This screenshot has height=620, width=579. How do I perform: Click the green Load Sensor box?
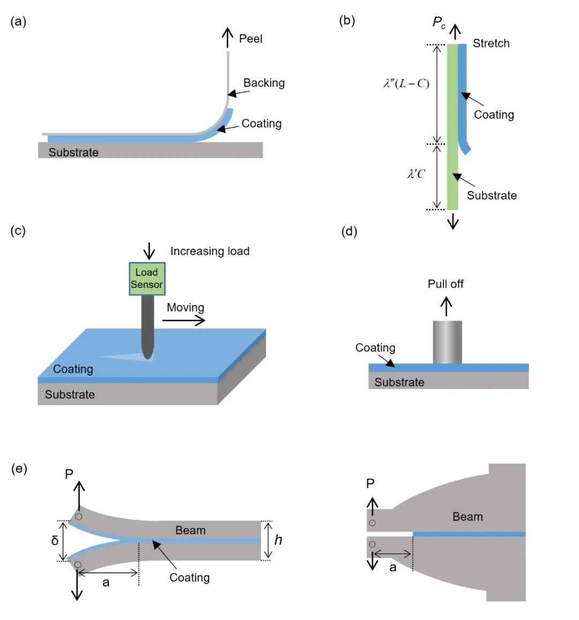coord(147,279)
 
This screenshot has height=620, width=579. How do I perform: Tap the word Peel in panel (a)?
coord(250,39)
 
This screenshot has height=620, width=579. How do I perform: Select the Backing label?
coord(264,83)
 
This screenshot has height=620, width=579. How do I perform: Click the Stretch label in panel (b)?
coord(491,43)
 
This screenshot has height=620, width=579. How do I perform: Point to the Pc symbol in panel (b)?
coord(439,23)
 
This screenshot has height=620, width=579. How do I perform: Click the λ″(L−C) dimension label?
coord(406,83)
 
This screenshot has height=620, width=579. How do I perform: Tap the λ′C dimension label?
coord(416,174)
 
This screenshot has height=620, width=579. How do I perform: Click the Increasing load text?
coord(210,251)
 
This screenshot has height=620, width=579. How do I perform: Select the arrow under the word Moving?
coord(183,320)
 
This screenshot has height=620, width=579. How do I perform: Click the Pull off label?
coord(446,284)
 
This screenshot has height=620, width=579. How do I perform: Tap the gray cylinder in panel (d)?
coord(447,342)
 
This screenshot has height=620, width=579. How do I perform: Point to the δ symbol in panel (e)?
coord(55,541)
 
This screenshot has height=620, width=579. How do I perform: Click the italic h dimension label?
coord(278,540)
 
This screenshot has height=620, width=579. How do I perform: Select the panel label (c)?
coord(18,230)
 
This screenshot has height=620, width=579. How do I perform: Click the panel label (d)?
coord(349,231)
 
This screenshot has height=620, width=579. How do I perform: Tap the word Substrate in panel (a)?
coord(73,152)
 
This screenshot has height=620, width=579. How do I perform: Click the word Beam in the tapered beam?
coord(467,517)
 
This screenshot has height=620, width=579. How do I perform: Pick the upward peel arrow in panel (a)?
coord(228,38)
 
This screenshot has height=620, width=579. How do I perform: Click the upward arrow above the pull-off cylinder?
coord(446,307)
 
